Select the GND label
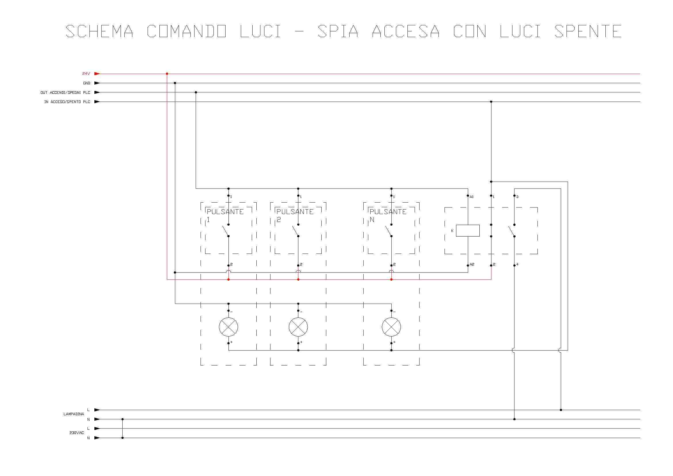tap(87, 83)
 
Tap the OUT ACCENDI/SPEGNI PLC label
tap(65, 92)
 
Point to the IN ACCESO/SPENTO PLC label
tap(67, 102)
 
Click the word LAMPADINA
tap(74, 414)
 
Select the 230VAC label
tap(77, 433)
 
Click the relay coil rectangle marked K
tap(468, 231)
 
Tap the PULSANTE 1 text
tap(225, 215)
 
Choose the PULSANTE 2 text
tap(295, 215)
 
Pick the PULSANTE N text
tap(388, 215)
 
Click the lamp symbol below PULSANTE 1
tap(228, 327)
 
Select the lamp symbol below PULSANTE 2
tap(298, 327)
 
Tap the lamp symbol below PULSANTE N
tap(391, 327)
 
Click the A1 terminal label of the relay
tap(472, 197)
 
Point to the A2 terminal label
tap(472, 264)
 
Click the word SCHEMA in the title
tap(99, 31)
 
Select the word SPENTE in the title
tap(588, 31)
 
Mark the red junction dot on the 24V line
tap(167, 74)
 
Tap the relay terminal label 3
tap(517, 197)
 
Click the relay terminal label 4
tap(517, 264)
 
